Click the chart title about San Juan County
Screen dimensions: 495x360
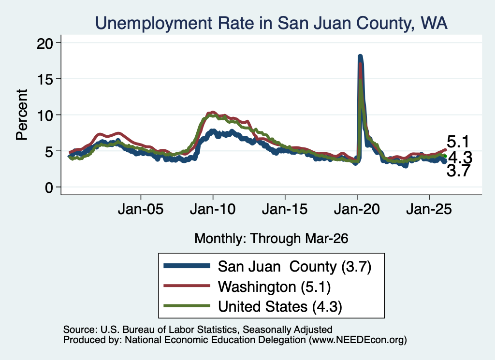coord(271,23)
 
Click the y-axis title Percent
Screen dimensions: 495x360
coord(22,115)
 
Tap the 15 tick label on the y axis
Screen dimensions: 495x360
coord(45,79)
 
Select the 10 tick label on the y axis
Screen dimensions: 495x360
coord(45,115)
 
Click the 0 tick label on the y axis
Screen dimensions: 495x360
coord(49,187)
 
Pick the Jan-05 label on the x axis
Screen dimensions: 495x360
coord(141,209)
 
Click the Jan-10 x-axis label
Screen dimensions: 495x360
coord(213,209)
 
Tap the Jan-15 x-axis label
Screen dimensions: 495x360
coord(285,209)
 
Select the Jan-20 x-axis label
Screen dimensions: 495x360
coord(357,209)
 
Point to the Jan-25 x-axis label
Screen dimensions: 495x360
coord(429,209)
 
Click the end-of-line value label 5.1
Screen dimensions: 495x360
coord(458,142)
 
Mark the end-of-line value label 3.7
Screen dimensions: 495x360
coord(458,171)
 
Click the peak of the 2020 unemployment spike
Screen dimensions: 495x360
coord(360,57)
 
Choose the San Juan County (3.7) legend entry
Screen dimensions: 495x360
coord(267,267)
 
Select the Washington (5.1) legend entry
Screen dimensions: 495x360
coord(247,287)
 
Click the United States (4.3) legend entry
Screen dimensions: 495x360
coord(253,306)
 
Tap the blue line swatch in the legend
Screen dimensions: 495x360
coord(187,266)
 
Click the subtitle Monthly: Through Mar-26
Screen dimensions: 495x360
coord(271,239)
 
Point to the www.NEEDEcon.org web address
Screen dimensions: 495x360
coord(358,340)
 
